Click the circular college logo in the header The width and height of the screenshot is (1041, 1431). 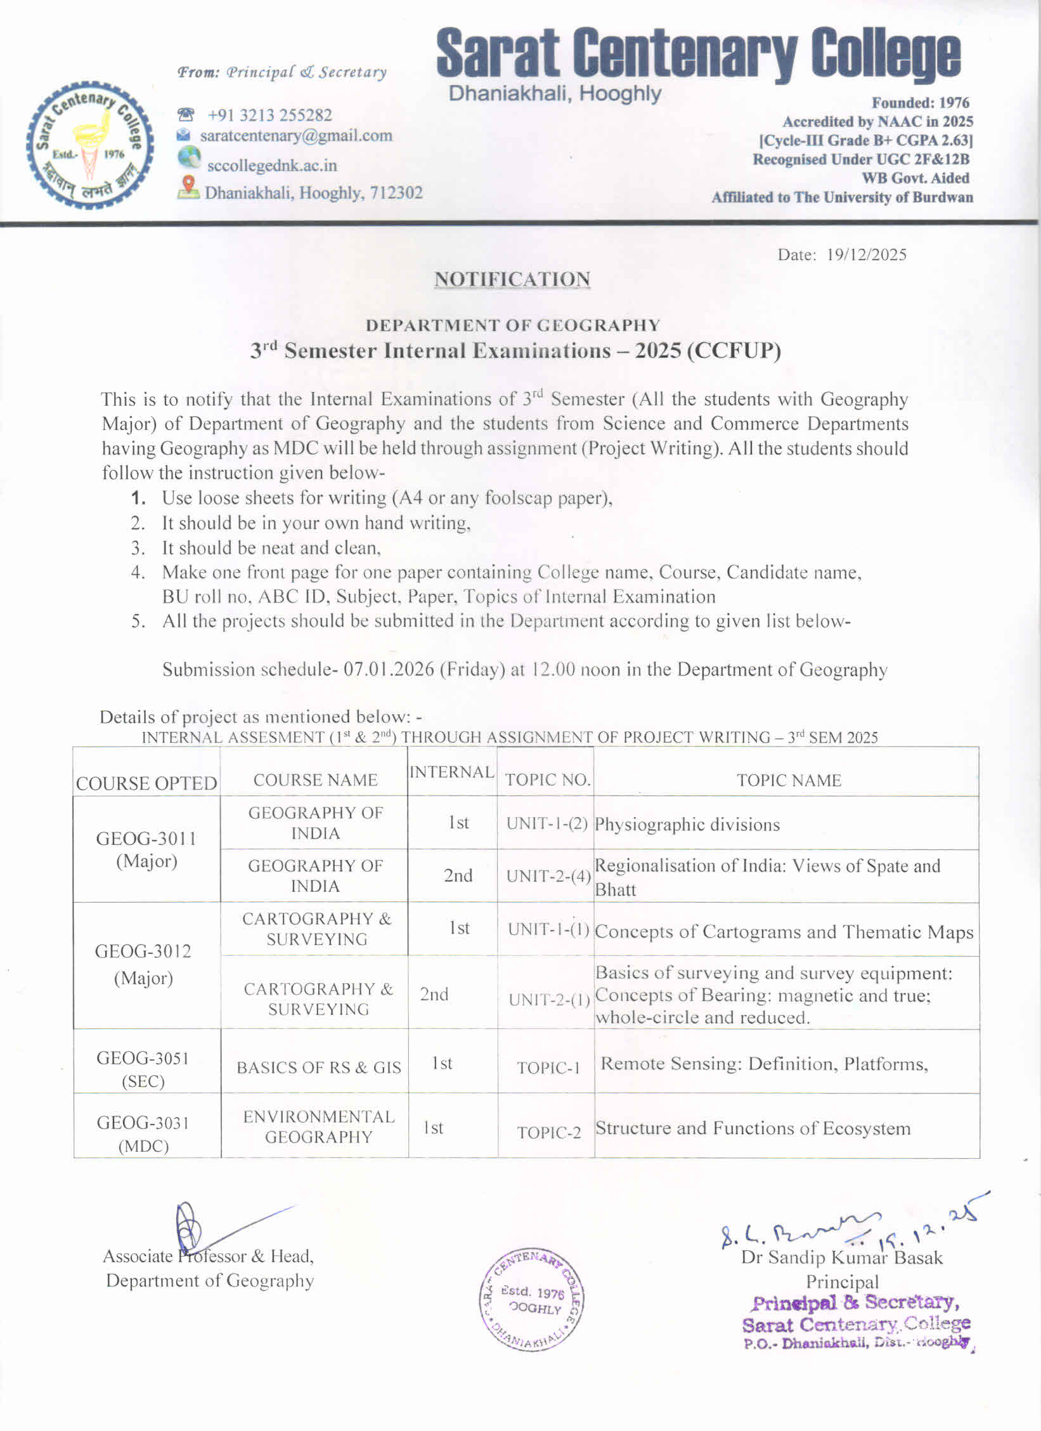[x=90, y=145]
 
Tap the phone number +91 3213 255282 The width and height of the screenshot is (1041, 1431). [x=269, y=115]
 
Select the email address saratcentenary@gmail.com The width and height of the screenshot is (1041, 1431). [x=296, y=136]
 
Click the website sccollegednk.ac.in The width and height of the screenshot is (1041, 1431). [x=272, y=166]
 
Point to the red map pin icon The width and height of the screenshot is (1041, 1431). [x=188, y=186]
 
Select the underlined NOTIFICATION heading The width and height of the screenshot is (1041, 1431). [x=512, y=279]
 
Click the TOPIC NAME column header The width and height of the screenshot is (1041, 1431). [x=788, y=780]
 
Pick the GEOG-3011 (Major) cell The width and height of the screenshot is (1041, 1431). [x=146, y=849]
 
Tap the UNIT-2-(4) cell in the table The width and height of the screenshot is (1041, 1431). [x=548, y=876]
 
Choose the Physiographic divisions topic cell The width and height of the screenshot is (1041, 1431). [x=687, y=825]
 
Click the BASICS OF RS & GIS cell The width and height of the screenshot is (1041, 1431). [x=319, y=1068]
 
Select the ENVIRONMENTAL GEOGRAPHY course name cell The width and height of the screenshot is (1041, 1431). [x=319, y=1127]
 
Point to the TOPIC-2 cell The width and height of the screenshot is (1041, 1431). [x=548, y=1133]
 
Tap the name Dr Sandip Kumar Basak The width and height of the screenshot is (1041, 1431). [x=841, y=1257]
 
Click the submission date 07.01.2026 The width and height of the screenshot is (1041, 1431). [x=389, y=670]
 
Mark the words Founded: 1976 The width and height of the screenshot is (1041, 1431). [x=920, y=103]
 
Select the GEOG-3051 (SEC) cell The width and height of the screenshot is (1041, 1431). [x=143, y=1069]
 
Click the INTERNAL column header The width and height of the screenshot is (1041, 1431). [x=451, y=772]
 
